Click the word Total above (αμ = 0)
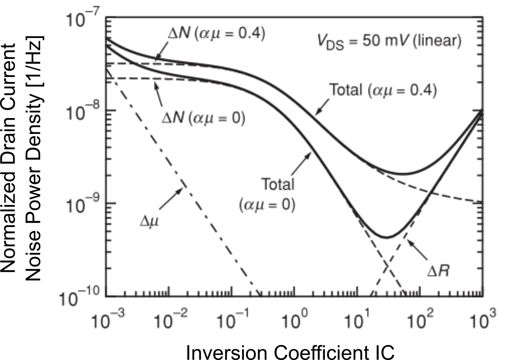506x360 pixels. click(x=277, y=185)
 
